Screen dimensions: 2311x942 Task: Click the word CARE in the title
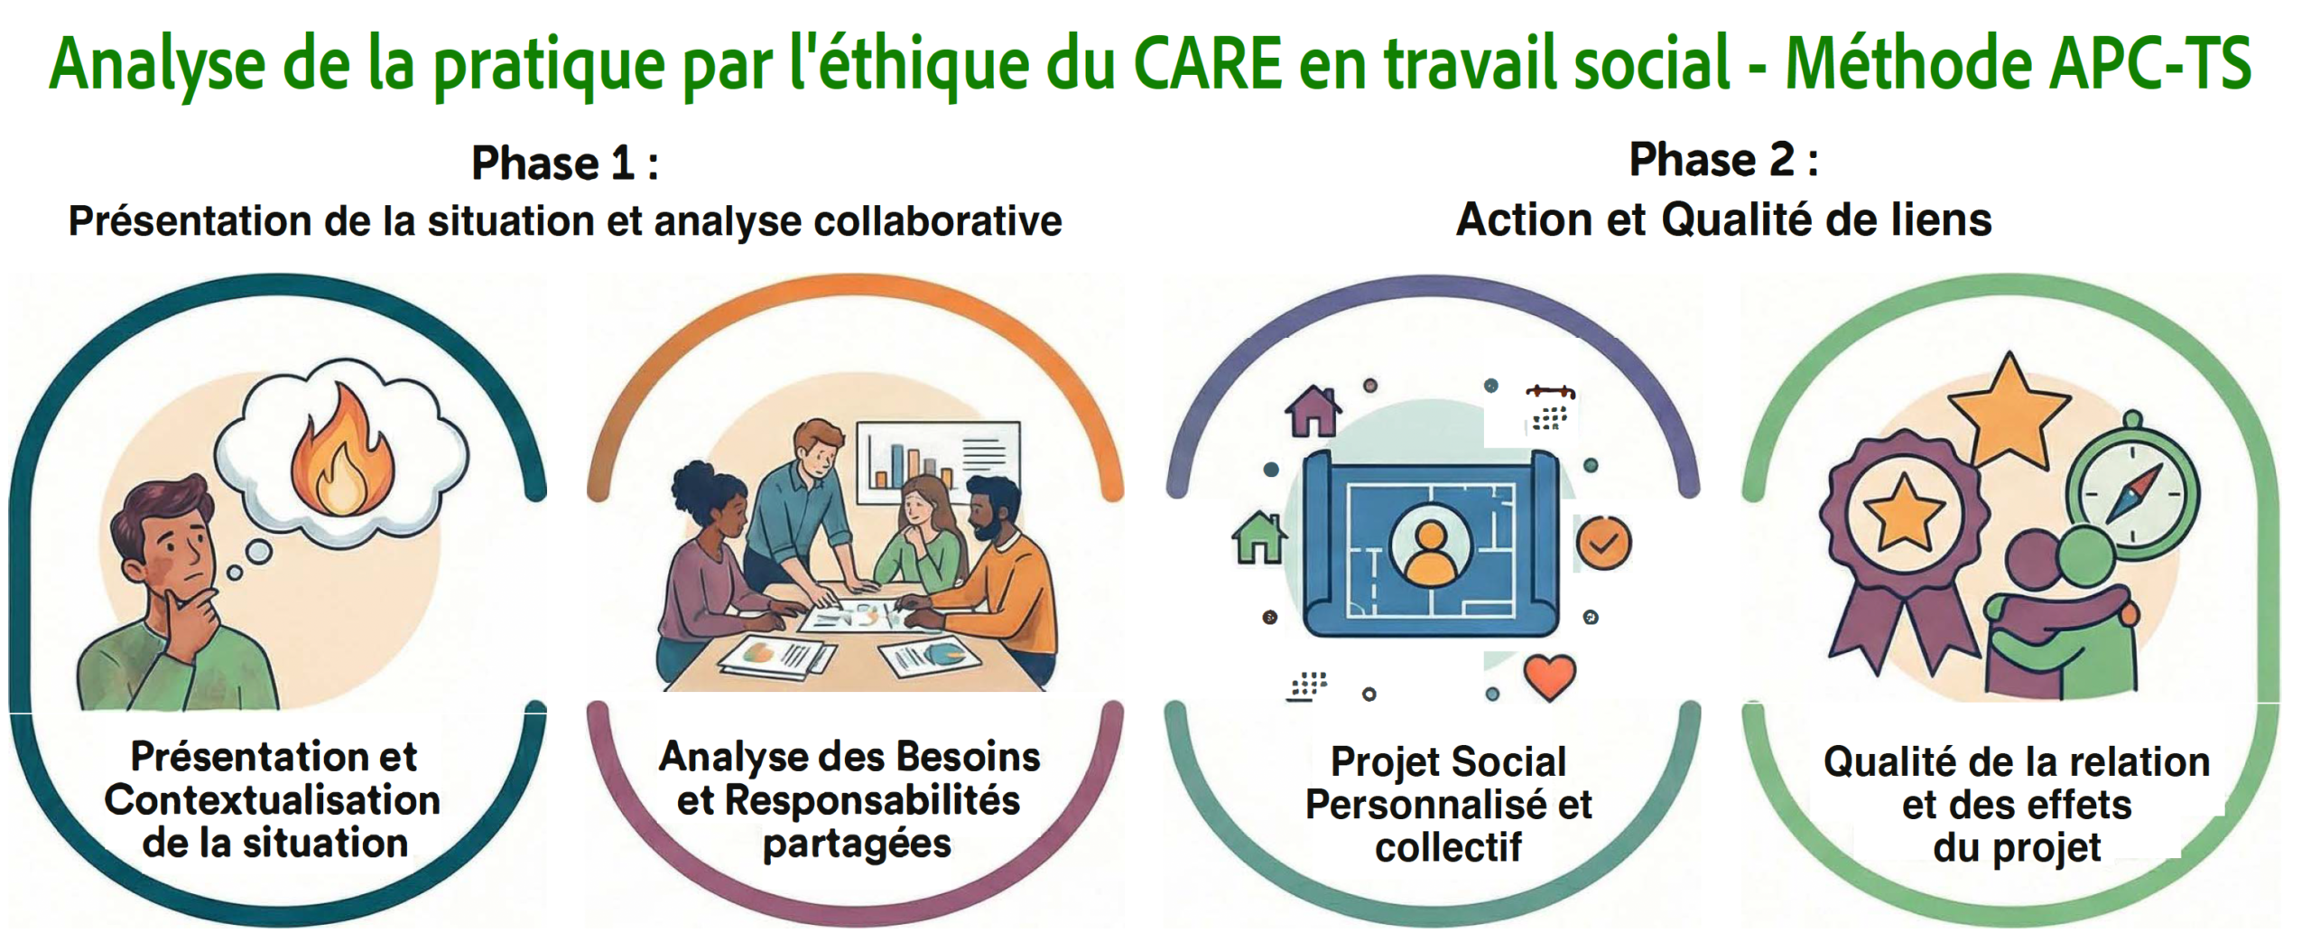pyautogui.click(x=1207, y=62)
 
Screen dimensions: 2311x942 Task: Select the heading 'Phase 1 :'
pyautogui.click(x=565, y=163)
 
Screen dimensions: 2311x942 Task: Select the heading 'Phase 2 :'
pyautogui.click(x=1723, y=160)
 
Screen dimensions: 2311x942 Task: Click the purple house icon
pyautogui.click(x=1313, y=411)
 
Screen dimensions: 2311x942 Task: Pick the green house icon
pyautogui.click(x=1259, y=537)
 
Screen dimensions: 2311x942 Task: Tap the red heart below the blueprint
pyautogui.click(x=1550, y=676)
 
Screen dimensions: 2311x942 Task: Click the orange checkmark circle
pyautogui.click(x=1603, y=543)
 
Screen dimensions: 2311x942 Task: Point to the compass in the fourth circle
pyautogui.click(x=2132, y=489)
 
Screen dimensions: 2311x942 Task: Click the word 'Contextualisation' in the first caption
pyautogui.click(x=273, y=800)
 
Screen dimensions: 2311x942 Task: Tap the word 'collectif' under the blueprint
pyautogui.click(x=1448, y=847)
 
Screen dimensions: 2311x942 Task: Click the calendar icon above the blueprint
pyautogui.click(x=1551, y=409)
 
